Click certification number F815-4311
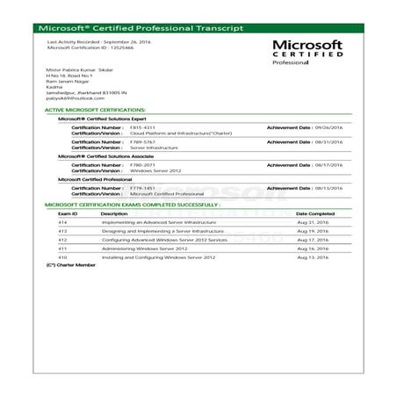point(142,127)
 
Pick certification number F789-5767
point(142,141)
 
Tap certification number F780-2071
point(142,163)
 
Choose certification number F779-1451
point(142,186)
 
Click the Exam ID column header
point(68,213)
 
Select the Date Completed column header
point(314,213)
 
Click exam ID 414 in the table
point(62,222)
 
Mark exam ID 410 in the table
point(62,257)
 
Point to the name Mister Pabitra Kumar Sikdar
point(87,68)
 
